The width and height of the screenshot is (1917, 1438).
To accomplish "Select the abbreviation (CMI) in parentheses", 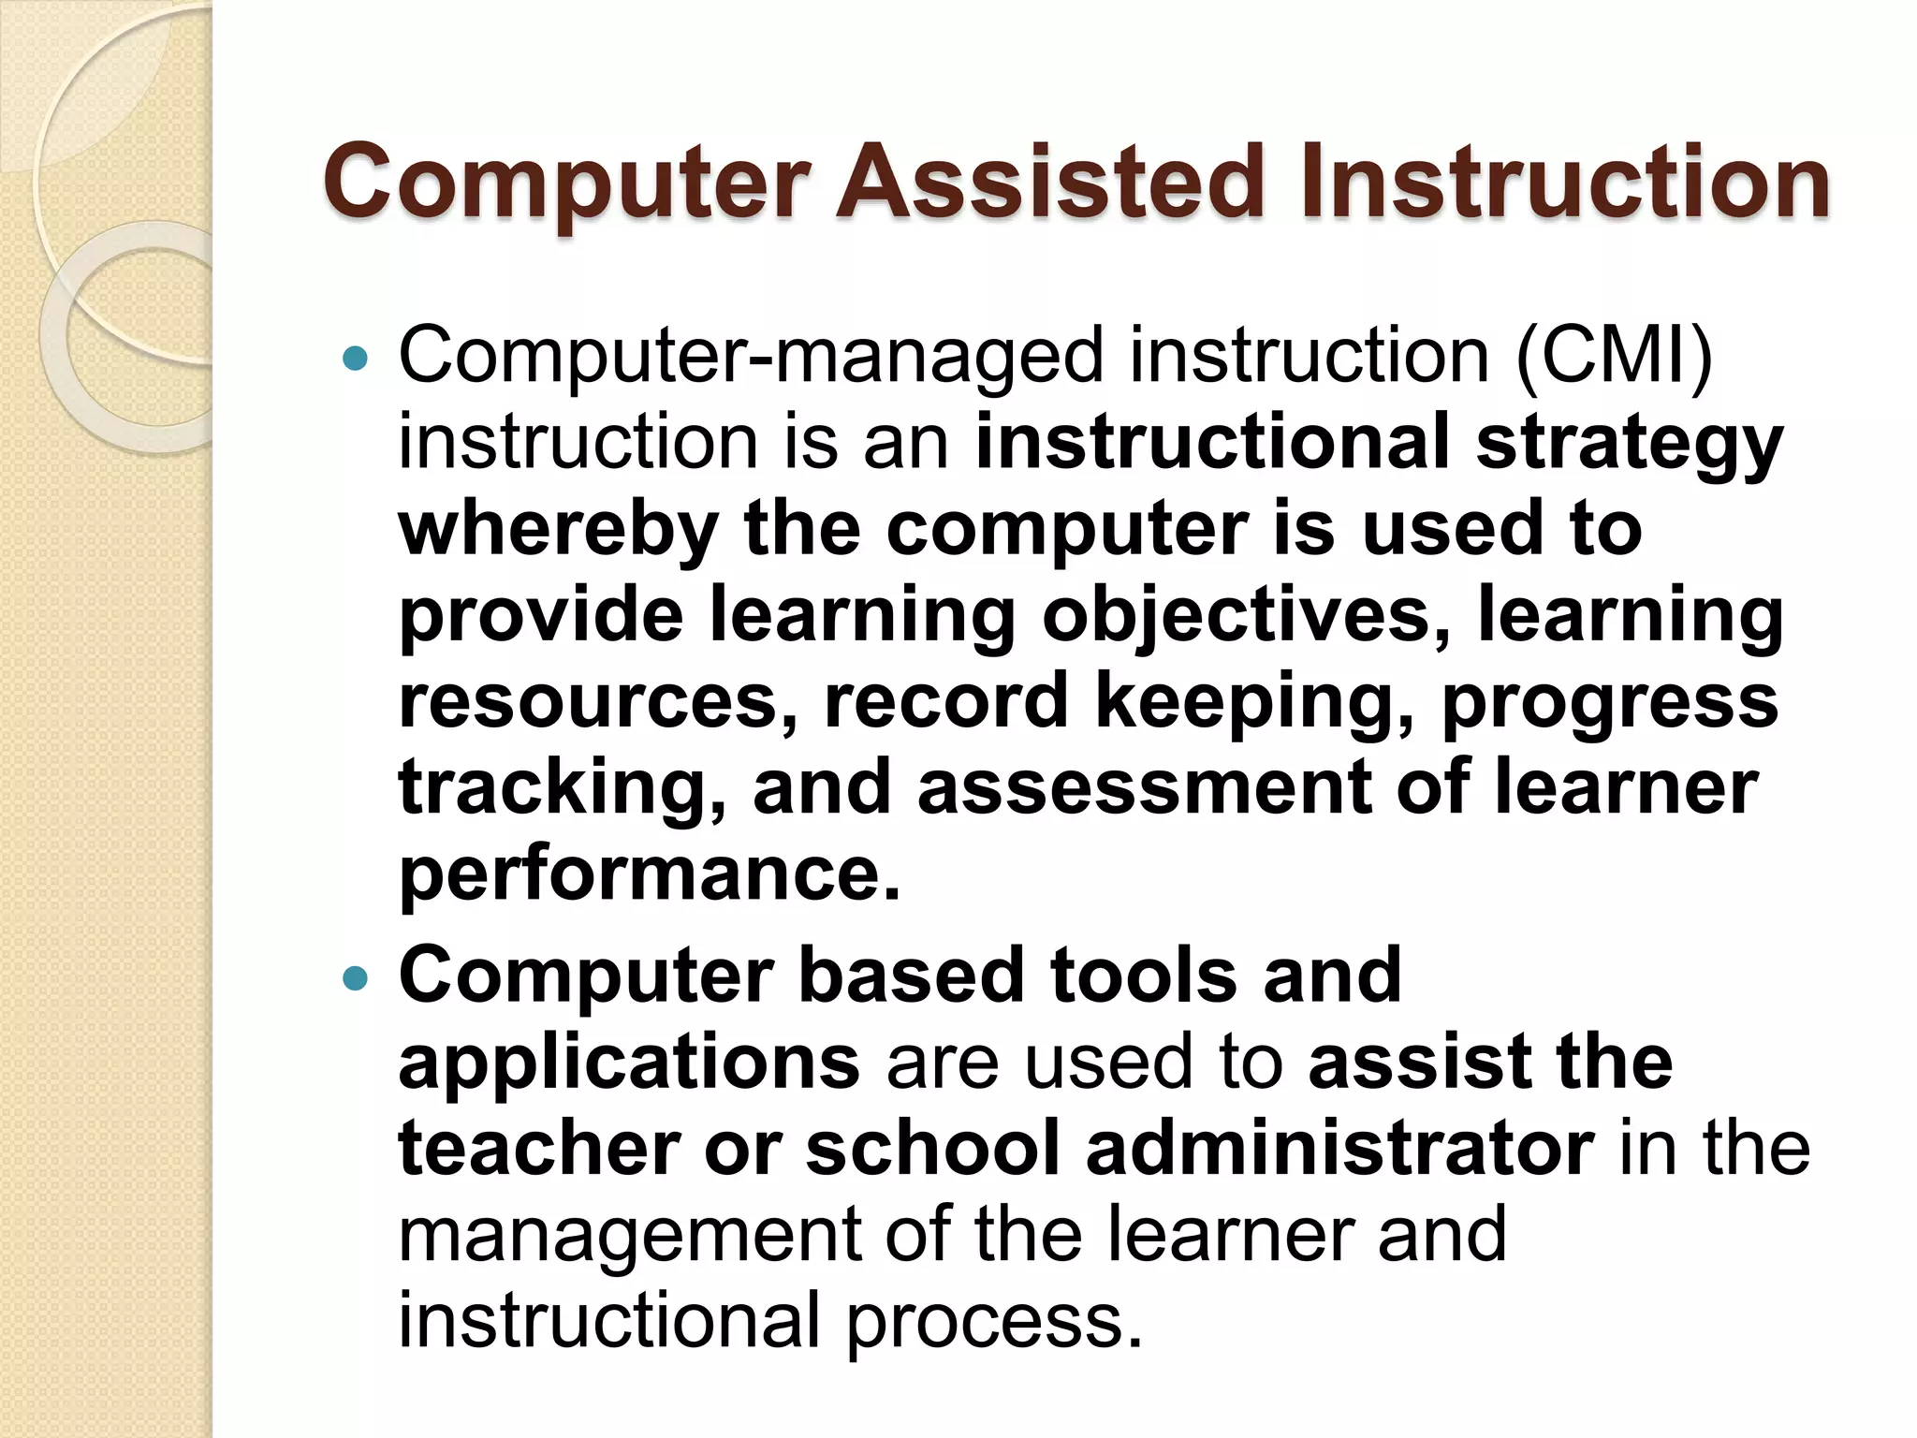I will pyautogui.click(x=1614, y=356).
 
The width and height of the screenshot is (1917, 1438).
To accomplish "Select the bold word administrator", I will pyautogui.click(x=1339, y=1148).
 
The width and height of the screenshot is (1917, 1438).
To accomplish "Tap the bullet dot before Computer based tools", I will pyautogui.click(x=356, y=978).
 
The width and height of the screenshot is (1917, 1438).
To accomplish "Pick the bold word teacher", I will pyautogui.click(x=538, y=1148).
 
